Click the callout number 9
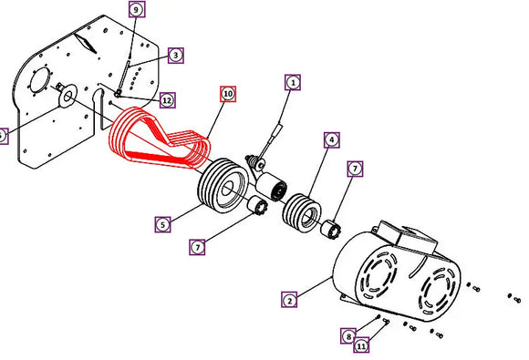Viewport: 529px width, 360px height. coord(137,9)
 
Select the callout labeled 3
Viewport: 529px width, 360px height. coord(176,55)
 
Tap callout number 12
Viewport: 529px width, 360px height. coord(167,100)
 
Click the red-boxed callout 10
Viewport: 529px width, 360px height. coord(228,94)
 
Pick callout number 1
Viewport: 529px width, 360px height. coord(293,83)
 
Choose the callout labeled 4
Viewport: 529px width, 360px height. coord(332,139)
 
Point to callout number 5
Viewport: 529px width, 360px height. coord(163,224)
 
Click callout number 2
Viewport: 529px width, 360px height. coord(289,300)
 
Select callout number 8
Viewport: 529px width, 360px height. coord(348,335)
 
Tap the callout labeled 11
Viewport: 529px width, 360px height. coord(361,345)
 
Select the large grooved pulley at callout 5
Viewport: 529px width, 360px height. coord(223,185)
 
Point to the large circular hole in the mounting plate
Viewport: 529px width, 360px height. coord(40,81)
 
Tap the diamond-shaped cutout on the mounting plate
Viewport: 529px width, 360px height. coord(86,43)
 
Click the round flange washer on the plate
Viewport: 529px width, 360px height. coord(67,96)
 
